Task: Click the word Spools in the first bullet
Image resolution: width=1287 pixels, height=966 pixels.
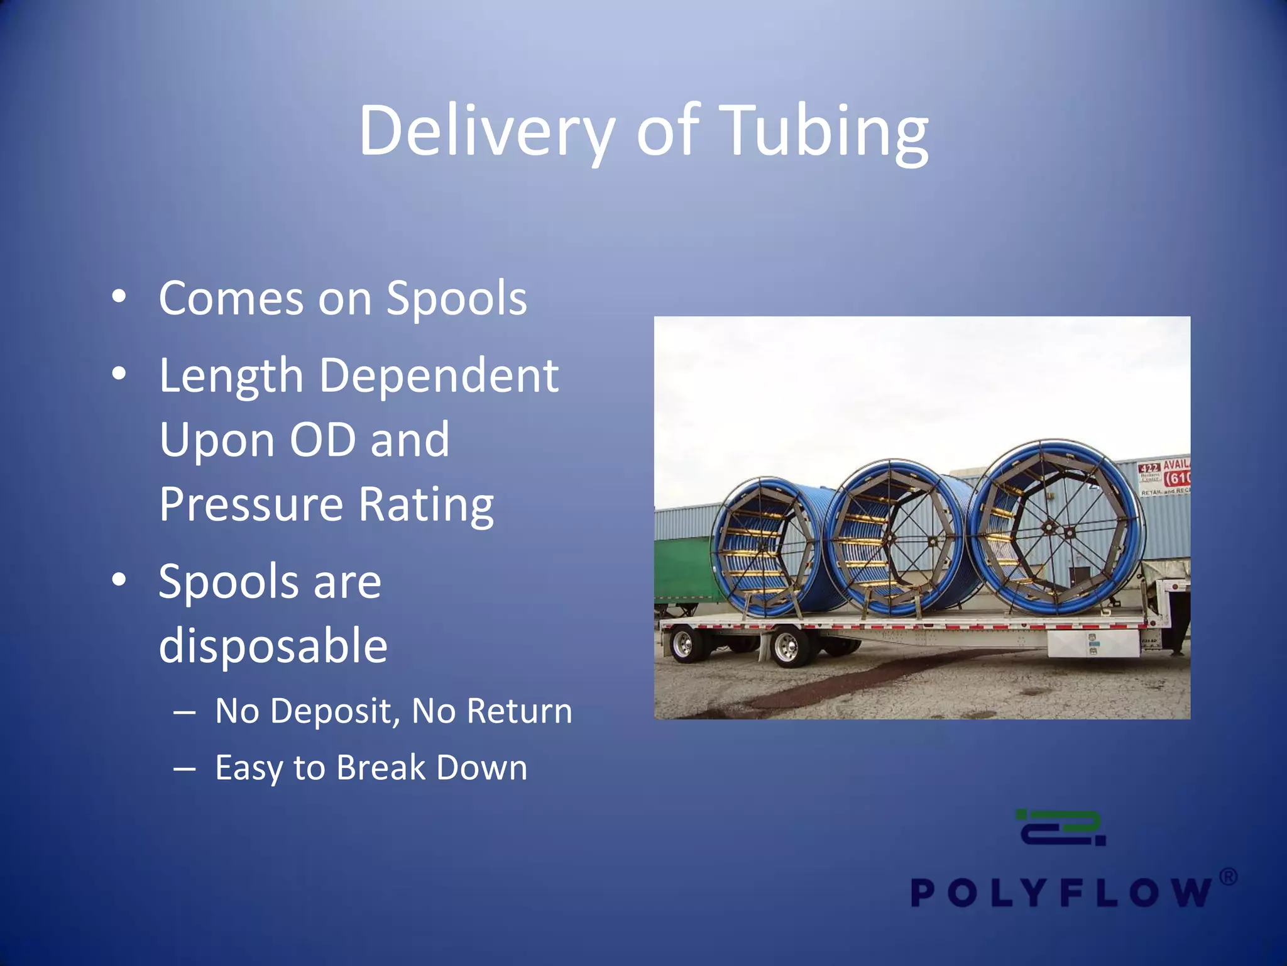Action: [456, 299]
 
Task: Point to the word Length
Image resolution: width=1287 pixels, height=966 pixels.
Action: [231, 376]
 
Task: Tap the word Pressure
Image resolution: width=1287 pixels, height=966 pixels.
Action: [251, 504]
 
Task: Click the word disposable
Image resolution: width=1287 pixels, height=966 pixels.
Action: [273, 646]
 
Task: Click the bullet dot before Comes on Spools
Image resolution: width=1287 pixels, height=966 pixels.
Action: [119, 296]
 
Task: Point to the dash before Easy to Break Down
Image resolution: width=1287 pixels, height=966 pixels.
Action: [185, 769]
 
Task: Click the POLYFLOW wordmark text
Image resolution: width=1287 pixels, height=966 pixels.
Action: [1061, 892]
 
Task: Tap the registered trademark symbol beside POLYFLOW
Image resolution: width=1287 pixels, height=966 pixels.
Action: [1228, 877]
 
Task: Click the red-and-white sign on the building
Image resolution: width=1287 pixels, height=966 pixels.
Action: [1164, 477]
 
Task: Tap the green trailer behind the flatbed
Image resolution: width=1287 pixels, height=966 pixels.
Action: [682, 569]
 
